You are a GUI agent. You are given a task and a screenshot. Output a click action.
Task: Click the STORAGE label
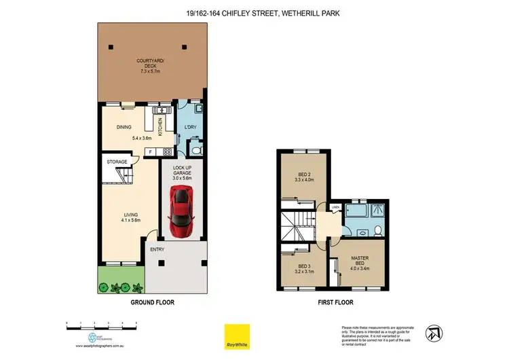(x=117, y=162)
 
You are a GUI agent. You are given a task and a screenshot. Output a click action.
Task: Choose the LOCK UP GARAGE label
(x=182, y=170)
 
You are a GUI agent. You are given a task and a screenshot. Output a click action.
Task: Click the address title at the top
(x=254, y=10)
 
